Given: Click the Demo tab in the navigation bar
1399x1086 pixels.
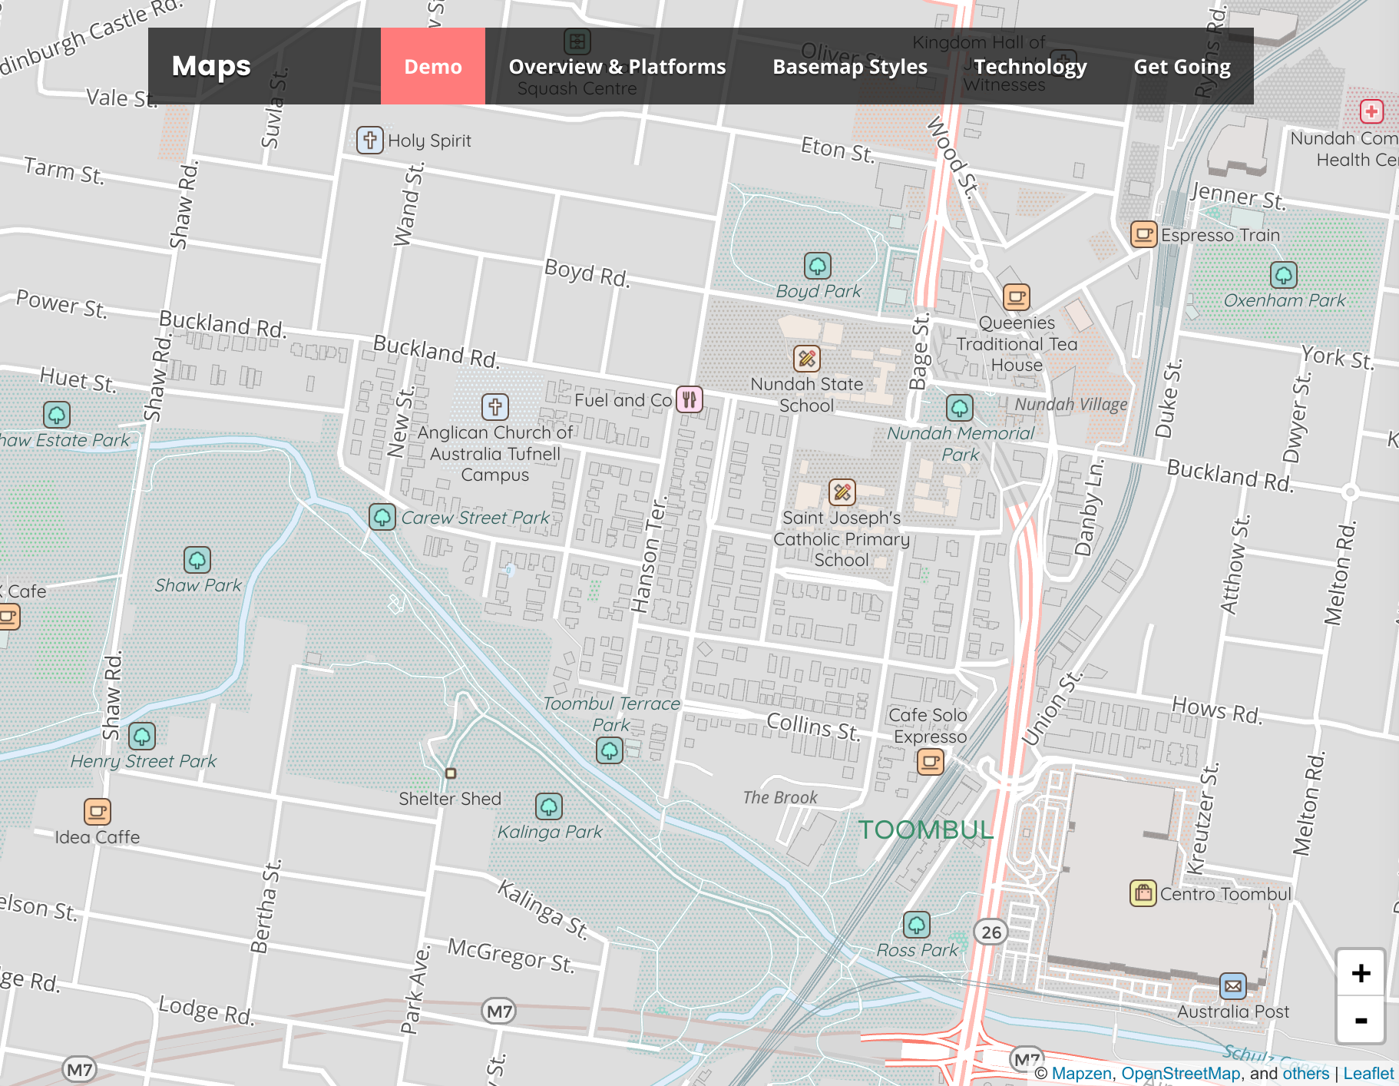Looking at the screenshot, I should pos(433,66).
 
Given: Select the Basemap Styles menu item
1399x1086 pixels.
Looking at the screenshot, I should pos(850,66).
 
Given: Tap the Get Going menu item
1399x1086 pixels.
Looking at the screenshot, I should pos(1182,66).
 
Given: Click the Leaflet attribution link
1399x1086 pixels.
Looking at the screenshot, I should pos(1368,1073).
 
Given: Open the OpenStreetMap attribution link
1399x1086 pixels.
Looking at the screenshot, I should pos(1180,1073).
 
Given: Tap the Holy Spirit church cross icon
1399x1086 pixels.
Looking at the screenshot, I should pos(369,140).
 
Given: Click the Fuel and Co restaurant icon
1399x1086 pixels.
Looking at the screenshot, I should pos(689,399).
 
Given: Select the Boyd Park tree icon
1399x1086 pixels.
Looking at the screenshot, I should pos(817,266).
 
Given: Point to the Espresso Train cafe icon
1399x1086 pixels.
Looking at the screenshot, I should pos(1143,234).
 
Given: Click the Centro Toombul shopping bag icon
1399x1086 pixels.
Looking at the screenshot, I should pos(1143,893).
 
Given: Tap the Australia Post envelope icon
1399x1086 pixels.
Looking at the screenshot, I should pos(1232,986).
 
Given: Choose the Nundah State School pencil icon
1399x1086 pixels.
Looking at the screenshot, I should pos(806,358).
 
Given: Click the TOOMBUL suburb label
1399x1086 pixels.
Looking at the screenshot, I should pos(925,829).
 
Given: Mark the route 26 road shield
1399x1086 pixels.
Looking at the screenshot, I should pos(991,932).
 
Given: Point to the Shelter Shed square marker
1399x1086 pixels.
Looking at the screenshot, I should pos(451,773).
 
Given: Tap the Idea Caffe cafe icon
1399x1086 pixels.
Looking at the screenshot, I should pos(98,811).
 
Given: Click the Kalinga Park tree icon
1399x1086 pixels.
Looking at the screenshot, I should pos(548,806).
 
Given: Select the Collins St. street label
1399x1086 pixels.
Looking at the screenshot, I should pos(814,726).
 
